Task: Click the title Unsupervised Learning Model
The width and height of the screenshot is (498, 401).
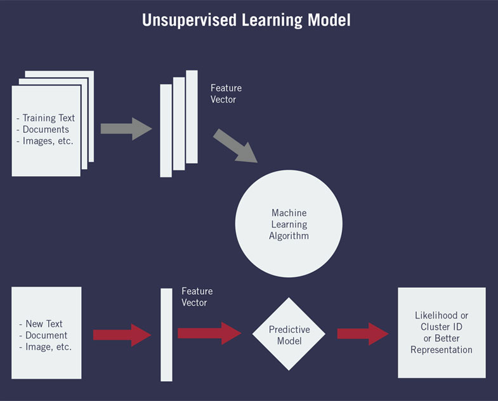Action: [x=246, y=20]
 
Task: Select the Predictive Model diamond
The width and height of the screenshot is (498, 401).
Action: [x=289, y=335]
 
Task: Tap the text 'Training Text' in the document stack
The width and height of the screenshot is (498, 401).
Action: [x=48, y=118]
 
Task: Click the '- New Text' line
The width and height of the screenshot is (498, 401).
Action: [x=43, y=324]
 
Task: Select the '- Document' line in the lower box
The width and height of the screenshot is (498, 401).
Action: [x=45, y=336]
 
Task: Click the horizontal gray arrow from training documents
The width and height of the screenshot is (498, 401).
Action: [x=126, y=128]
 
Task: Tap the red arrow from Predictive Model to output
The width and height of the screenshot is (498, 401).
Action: [x=362, y=334]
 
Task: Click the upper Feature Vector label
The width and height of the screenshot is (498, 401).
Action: [x=226, y=94]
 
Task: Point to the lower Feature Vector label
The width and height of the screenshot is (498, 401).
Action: [x=197, y=297]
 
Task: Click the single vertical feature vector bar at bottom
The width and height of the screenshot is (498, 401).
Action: [x=166, y=335]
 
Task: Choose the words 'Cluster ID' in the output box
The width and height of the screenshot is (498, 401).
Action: [x=442, y=327]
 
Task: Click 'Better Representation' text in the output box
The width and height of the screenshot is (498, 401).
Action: [x=442, y=344]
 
